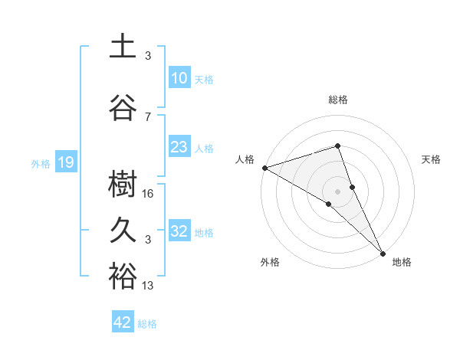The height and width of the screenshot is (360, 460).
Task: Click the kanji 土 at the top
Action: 122,46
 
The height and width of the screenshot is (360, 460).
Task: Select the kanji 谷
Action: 122,107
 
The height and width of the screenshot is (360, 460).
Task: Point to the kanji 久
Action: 122,231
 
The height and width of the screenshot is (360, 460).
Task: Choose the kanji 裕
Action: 122,277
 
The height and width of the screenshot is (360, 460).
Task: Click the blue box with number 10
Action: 179,78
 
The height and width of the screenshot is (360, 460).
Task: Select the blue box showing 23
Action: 179,147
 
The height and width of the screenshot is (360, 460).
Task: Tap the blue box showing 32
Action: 179,231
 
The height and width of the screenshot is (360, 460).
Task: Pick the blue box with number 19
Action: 65,162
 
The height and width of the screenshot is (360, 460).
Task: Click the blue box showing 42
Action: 123,322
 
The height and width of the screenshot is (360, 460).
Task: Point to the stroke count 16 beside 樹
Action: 149,194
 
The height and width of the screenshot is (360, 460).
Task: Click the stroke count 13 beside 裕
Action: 149,286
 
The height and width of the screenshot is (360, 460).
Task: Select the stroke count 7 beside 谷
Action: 148,116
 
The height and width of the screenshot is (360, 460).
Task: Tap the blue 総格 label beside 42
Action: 147,324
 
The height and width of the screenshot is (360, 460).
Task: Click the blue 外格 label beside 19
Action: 40,163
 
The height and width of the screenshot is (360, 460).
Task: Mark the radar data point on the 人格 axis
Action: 264,167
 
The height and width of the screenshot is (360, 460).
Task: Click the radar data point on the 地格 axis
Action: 382,251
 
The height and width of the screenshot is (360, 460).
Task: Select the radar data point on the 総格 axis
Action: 337,146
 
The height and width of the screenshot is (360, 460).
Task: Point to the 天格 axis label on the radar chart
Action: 432,159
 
